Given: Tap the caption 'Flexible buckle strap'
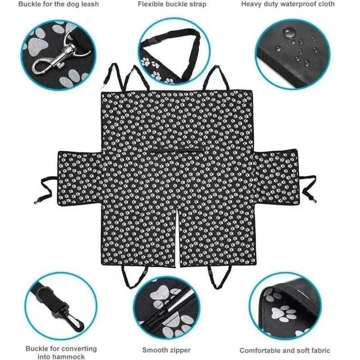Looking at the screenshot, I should pyautogui.click(x=172, y=4).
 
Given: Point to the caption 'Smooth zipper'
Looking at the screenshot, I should pyautogui.click(x=166, y=350).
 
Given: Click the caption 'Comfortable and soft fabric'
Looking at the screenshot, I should pyautogui.click(x=284, y=350).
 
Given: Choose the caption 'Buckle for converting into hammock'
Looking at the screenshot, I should pyautogui.click(x=61, y=352).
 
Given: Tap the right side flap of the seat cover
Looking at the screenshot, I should pyautogui.click(x=276, y=177).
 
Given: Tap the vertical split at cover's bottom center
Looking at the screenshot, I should pyautogui.click(x=177, y=234).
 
